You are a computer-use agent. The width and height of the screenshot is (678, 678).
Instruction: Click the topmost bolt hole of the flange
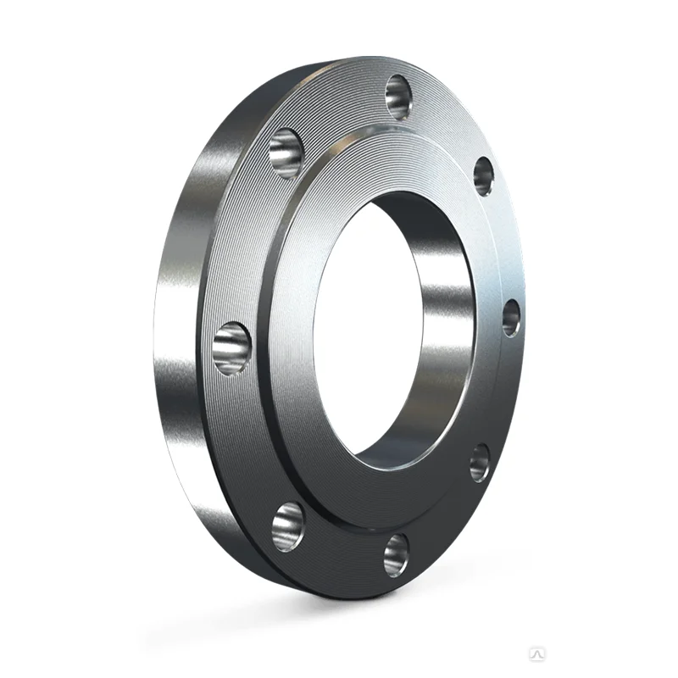click(398, 94)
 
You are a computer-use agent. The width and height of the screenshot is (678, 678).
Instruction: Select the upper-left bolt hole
click(286, 153)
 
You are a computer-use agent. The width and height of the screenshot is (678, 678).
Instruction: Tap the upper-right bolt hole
click(483, 175)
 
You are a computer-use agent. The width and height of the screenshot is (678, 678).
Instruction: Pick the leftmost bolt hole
click(231, 348)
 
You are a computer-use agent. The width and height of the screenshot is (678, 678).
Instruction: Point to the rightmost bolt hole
click(510, 317)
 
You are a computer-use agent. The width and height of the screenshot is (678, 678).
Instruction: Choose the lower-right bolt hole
click(480, 462)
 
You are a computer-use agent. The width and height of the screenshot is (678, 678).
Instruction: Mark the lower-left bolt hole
click(287, 525)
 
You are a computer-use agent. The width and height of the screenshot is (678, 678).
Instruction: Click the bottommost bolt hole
click(396, 556)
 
